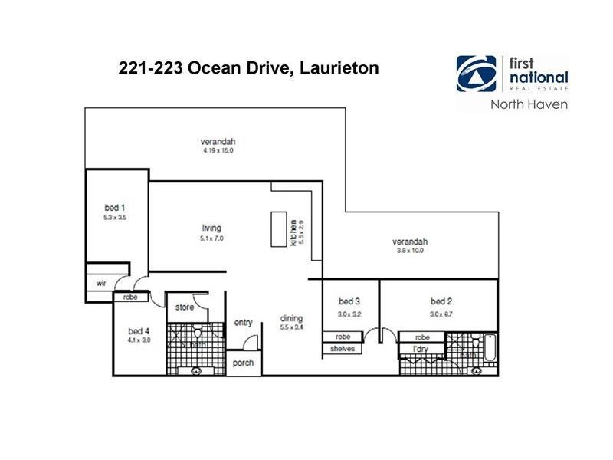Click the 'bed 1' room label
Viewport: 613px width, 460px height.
(x=114, y=207)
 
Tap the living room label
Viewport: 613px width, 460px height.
(x=211, y=228)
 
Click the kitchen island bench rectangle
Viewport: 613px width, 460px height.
(x=277, y=229)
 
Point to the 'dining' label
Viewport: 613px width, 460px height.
(x=291, y=318)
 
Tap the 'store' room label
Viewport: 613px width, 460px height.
(x=185, y=308)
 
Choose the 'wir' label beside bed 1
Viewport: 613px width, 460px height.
(x=100, y=283)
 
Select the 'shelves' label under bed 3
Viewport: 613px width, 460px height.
(x=342, y=350)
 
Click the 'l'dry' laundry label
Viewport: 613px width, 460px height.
(x=420, y=350)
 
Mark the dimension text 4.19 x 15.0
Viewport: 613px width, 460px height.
(x=218, y=151)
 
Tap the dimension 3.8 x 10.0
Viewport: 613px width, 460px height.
(x=409, y=251)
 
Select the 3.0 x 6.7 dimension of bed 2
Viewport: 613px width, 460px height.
(x=441, y=313)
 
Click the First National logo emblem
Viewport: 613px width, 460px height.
(x=475, y=74)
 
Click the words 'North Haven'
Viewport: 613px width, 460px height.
(x=529, y=104)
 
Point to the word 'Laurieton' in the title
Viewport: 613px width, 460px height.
(x=338, y=67)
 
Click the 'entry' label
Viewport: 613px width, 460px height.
(x=244, y=323)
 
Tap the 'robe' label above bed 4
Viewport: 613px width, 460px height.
(x=129, y=296)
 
